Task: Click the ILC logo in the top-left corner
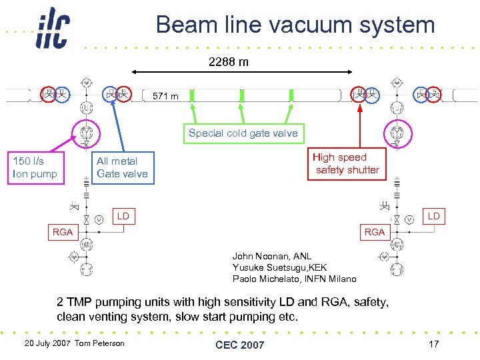point(52,29)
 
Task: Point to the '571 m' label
point(165,96)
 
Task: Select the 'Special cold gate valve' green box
point(243,133)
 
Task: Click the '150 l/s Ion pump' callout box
point(35,167)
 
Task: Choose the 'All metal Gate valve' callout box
point(122,167)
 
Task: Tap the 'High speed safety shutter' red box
point(347,164)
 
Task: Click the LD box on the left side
point(123,216)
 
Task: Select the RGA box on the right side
point(375,232)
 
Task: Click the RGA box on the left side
point(64,232)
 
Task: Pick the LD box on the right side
point(433,216)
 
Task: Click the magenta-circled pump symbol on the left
point(86,131)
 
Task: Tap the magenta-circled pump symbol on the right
point(397,131)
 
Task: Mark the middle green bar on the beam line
point(242,95)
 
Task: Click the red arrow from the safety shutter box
point(360,127)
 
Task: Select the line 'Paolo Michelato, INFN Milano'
point(294,279)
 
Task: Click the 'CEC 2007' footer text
point(239,345)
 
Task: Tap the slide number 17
point(434,344)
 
